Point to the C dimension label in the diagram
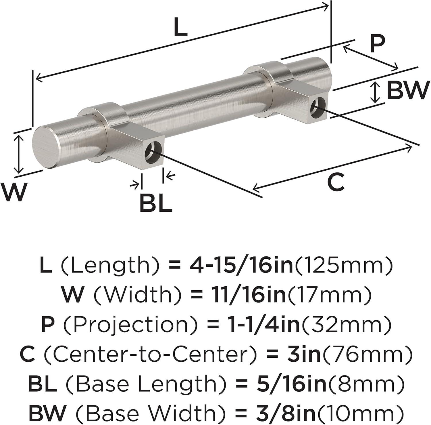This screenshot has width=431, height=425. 336,182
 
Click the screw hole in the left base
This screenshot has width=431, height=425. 152,152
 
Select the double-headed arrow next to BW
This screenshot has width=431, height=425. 375,92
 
